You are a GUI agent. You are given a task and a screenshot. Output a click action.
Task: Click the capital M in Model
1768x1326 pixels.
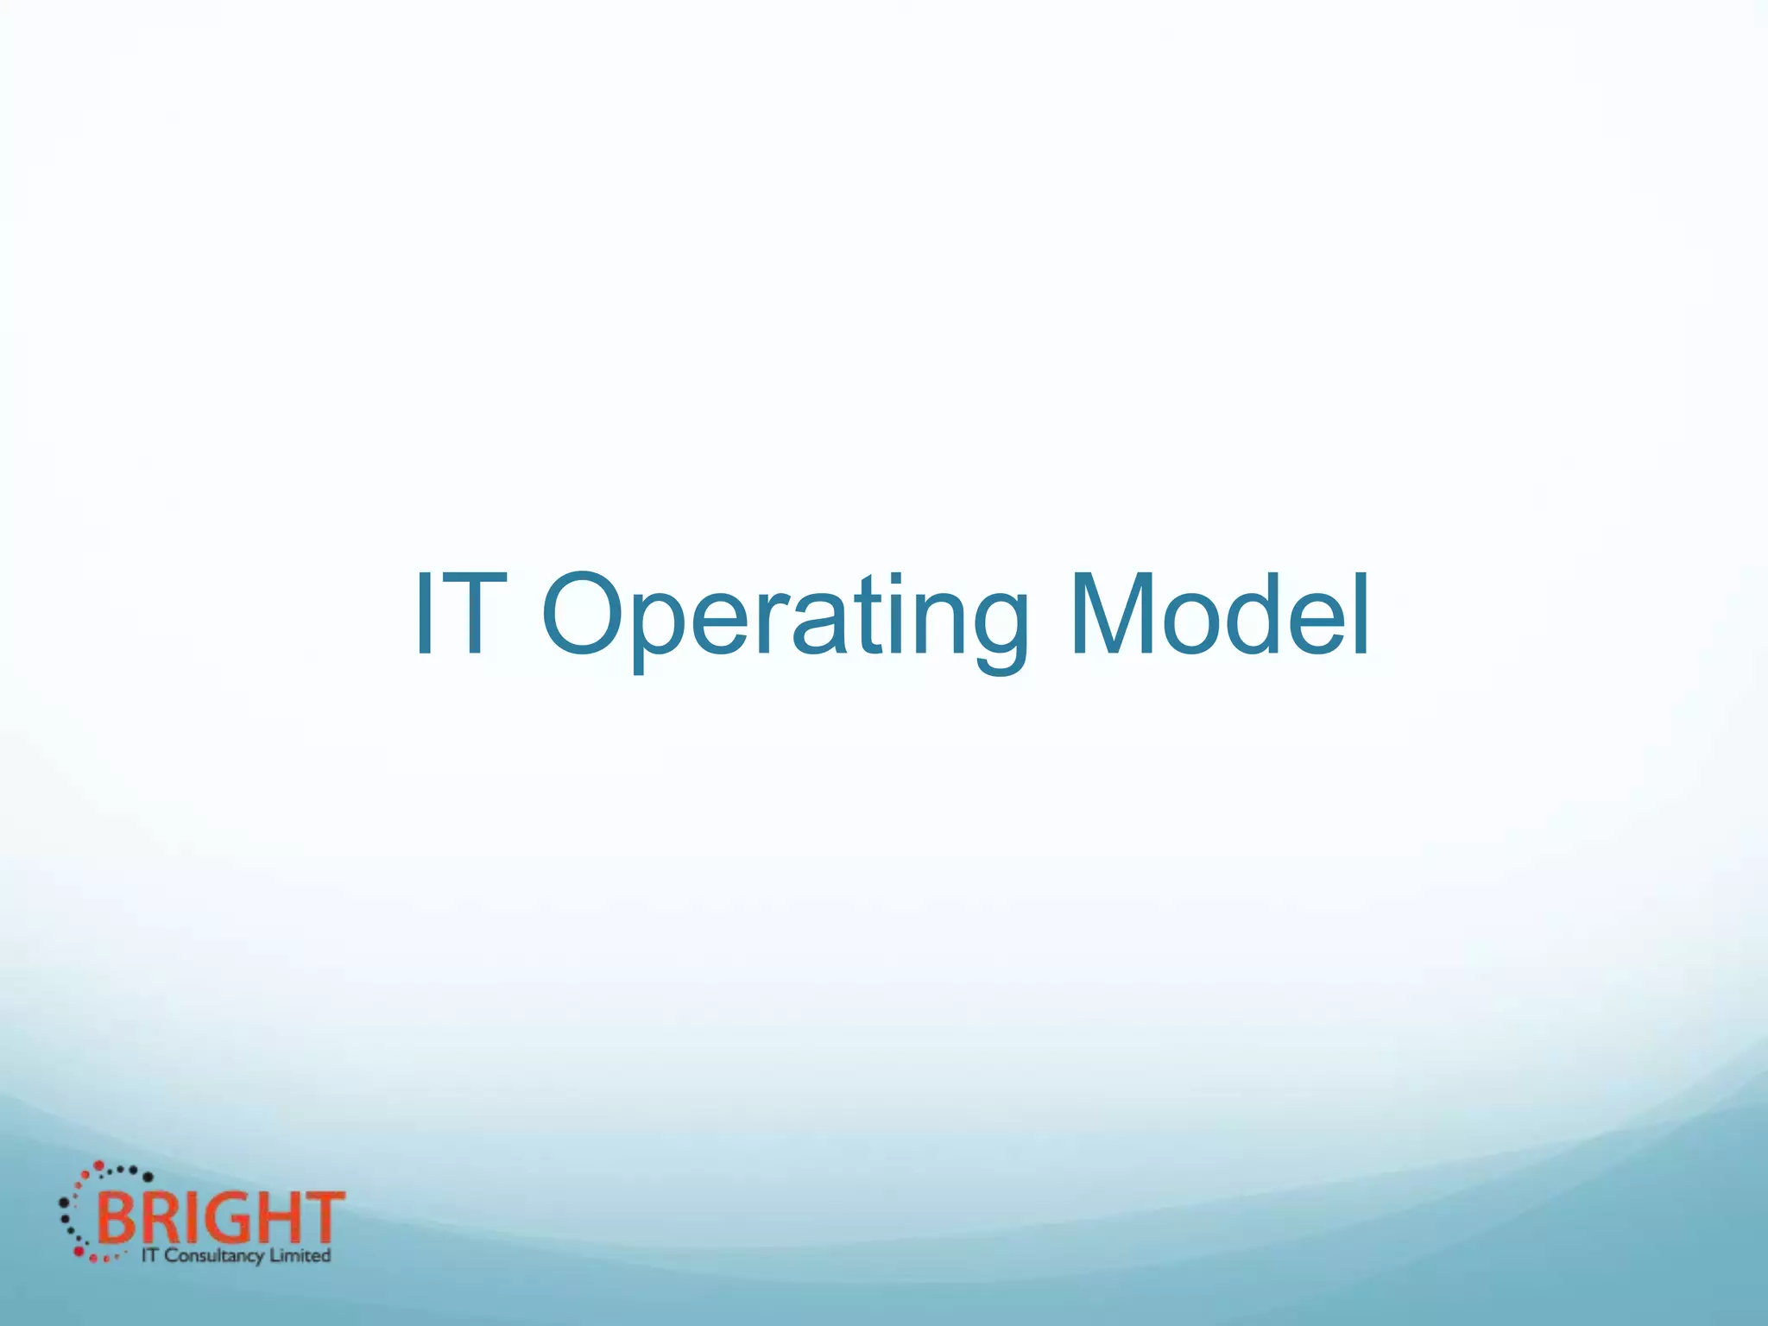(x=1114, y=615)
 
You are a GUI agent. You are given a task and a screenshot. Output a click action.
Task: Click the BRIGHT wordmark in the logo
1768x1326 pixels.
(x=220, y=1218)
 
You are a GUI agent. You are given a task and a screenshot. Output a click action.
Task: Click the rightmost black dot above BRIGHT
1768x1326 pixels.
(x=148, y=1177)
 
